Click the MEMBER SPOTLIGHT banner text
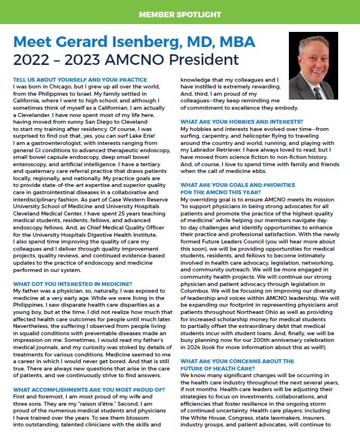[180, 12]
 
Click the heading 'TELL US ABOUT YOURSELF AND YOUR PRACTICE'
[80, 80]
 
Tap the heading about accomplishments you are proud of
[88, 389]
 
